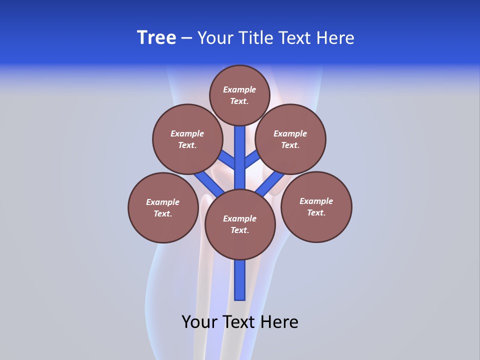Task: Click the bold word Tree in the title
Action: tap(156, 38)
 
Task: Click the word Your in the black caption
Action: tap(199, 322)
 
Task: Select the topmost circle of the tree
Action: tap(239, 95)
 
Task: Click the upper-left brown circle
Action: tap(187, 139)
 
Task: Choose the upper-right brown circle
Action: tap(290, 139)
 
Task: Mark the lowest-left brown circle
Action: tap(163, 207)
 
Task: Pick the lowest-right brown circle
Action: tap(316, 206)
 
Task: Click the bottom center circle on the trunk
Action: tap(240, 224)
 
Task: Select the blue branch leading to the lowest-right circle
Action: tap(270, 183)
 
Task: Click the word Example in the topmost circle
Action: tap(239, 89)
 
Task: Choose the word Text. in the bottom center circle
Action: tap(239, 230)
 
